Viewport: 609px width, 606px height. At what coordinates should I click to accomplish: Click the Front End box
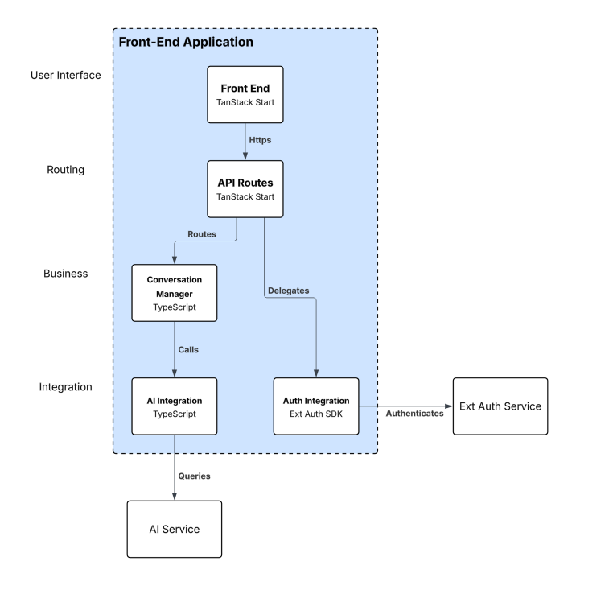pos(245,94)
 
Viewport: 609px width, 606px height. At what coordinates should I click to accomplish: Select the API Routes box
pos(245,189)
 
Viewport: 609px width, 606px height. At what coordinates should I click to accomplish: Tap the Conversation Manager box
pos(174,293)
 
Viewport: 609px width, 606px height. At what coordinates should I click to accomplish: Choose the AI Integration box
pos(174,406)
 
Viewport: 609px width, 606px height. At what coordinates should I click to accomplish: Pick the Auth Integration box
pos(316,406)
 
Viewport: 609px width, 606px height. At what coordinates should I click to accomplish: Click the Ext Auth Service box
pos(500,406)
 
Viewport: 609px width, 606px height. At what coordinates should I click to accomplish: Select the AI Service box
pos(174,530)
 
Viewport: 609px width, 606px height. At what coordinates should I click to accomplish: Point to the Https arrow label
pos(260,139)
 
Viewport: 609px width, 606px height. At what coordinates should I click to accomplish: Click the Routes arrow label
pos(202,234)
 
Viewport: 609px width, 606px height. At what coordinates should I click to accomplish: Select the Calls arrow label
pos(188,350)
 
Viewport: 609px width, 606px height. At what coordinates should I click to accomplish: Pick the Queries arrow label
pos(194,476)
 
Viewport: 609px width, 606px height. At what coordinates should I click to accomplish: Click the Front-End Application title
pos(186,42)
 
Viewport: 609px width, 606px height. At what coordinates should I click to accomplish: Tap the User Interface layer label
pos(66,76)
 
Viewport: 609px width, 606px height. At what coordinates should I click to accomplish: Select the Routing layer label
pos(66,171)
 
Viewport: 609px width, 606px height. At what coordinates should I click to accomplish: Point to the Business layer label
pos(66,274)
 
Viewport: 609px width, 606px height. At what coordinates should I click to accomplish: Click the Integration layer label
pos(66,387)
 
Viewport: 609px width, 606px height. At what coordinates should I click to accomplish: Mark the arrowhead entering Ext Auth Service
pos(448,406)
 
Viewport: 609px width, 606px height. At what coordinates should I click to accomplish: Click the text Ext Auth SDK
pos(316,414)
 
